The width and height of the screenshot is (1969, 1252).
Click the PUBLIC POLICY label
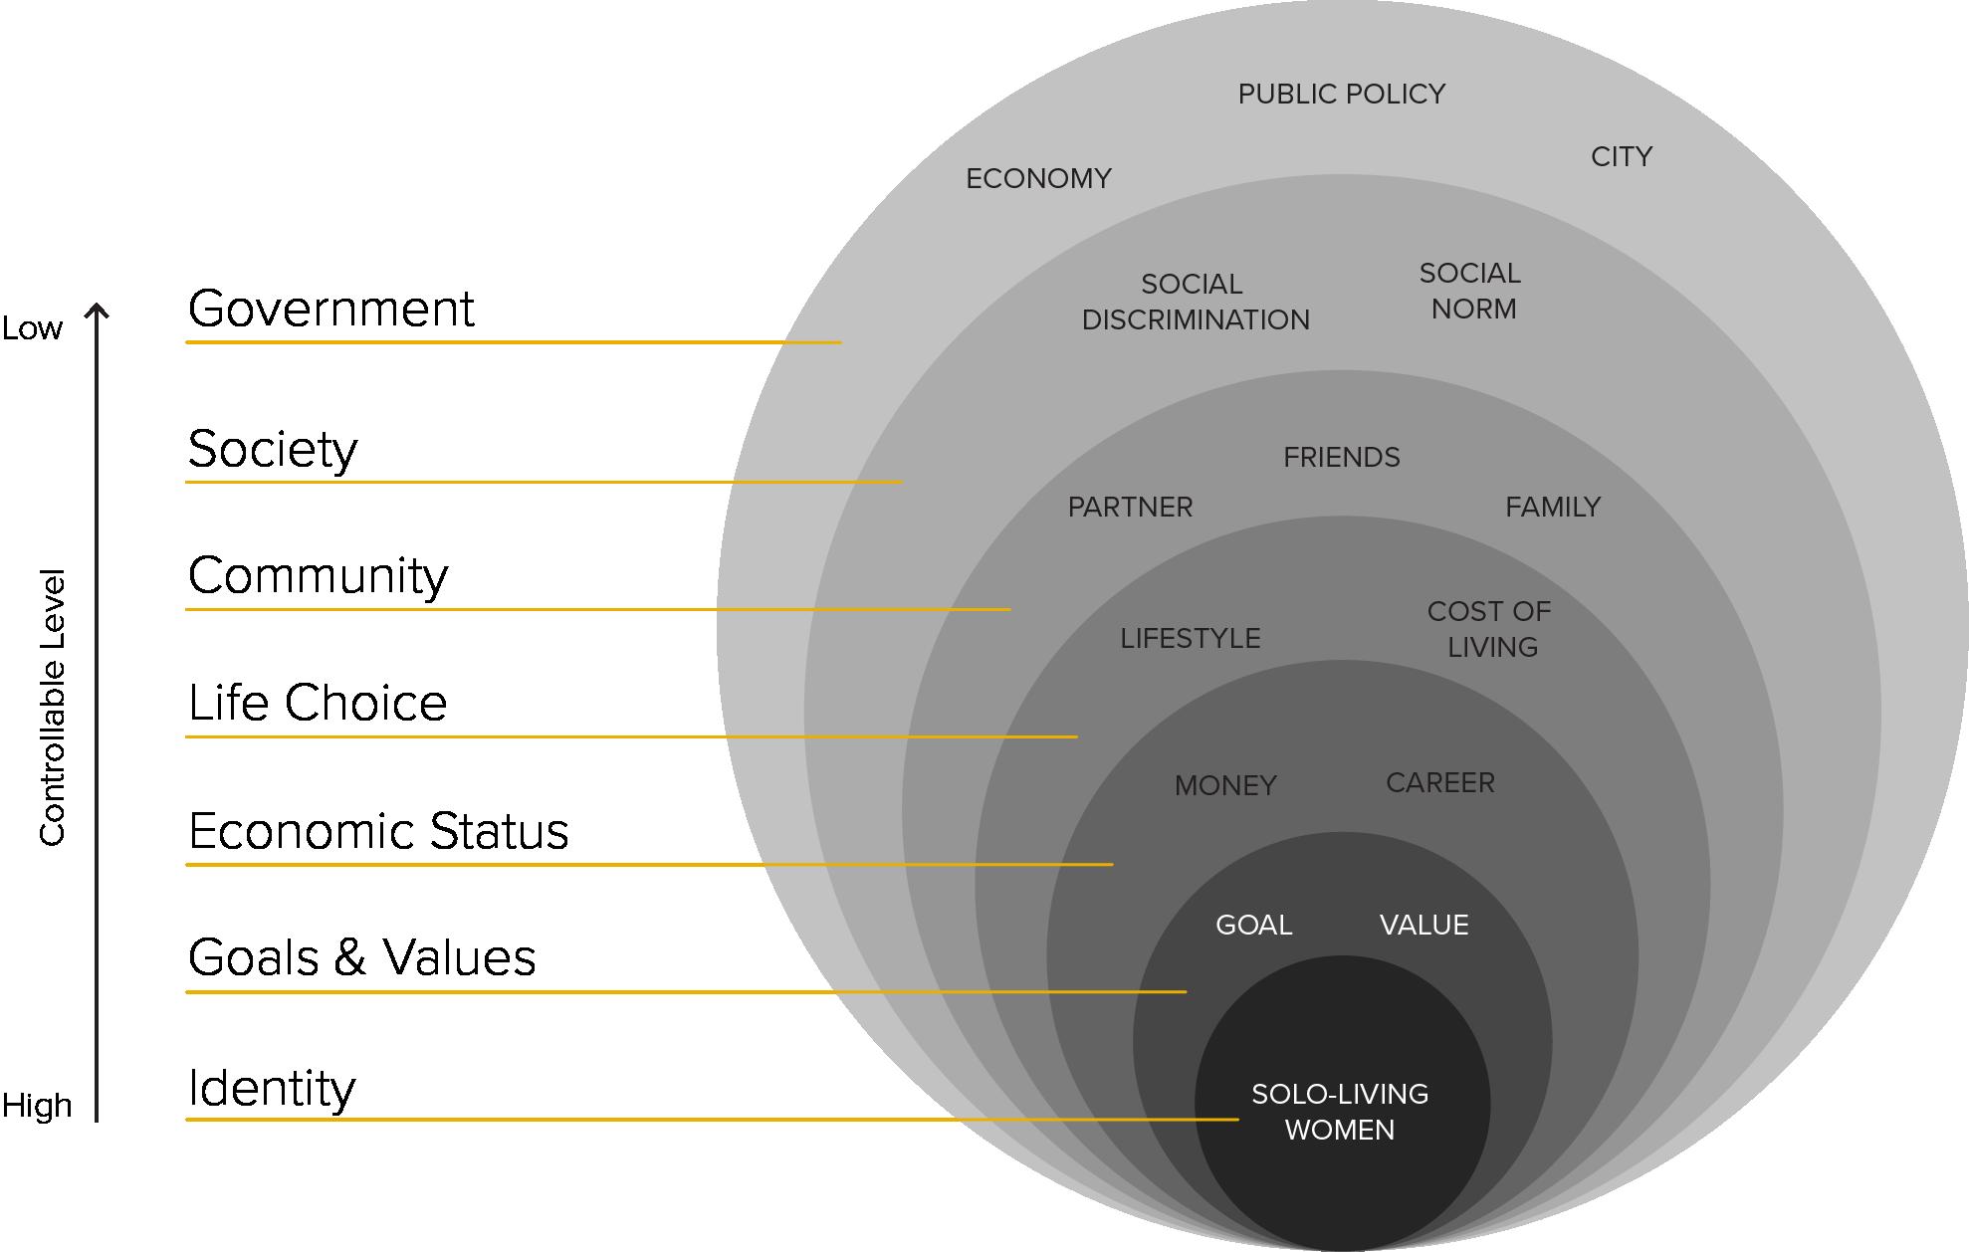tap(1341, 95)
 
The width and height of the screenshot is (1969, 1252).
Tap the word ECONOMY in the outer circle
tap(1038, 179)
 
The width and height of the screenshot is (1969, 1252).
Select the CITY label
tap(1622, 157)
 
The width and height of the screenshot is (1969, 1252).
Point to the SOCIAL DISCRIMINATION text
tap(1195, 302)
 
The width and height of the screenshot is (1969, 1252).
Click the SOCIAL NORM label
tap(1471, 291)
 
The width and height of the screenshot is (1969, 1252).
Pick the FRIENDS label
tap(1341, 458)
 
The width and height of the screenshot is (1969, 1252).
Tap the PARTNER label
tap(1130, 508)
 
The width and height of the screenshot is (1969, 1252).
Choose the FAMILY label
tap(1552, 508)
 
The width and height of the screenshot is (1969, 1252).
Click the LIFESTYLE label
tap(1190, 639)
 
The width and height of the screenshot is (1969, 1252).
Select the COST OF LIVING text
tap(1490, 629)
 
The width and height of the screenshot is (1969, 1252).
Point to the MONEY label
tap(1224, 786)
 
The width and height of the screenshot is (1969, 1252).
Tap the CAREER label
tap(1439, 783)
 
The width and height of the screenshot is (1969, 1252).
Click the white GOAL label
tap(1253, 926)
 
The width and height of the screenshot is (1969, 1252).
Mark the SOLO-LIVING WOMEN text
tap(1340, 1112)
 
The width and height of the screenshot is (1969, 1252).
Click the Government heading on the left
tap(330, 309)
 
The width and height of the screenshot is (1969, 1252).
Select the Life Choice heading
tap(318, 703)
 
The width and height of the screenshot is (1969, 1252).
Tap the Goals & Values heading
tap(361, 957)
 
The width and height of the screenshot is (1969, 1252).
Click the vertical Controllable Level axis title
tap(52, 707)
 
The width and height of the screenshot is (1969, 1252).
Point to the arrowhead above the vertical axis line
tap(97, 311)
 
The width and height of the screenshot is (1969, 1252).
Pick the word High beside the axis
tap(37, 1106)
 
